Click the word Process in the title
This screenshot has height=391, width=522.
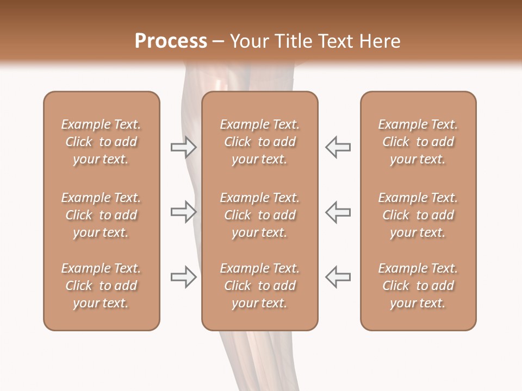[x=171, y=41]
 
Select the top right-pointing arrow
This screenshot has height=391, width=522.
[x=183, y=147]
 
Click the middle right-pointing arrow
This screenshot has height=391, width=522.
[x=183, y=212]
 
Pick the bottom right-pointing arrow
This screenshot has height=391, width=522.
[x=183, y=277]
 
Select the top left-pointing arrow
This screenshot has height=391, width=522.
[x=338, y=147]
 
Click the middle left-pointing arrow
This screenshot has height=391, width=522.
[x=338, y=212]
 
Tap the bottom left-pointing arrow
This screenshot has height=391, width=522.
[x=338, y=277]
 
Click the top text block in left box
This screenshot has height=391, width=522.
[x=101, y=142]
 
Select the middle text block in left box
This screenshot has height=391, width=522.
[x=101, y=215]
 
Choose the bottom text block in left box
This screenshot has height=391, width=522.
[x=101, y=286]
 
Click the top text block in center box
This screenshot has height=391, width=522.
[x=259, y=142]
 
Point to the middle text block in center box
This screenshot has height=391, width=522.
[x=259, y=215]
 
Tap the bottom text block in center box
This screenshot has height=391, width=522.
[x=259, y=286]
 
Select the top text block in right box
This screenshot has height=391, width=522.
[x=418, y=142]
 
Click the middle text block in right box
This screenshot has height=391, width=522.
[x=418, y=215]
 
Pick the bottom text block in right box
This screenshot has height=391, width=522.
[x=418, y=286]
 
